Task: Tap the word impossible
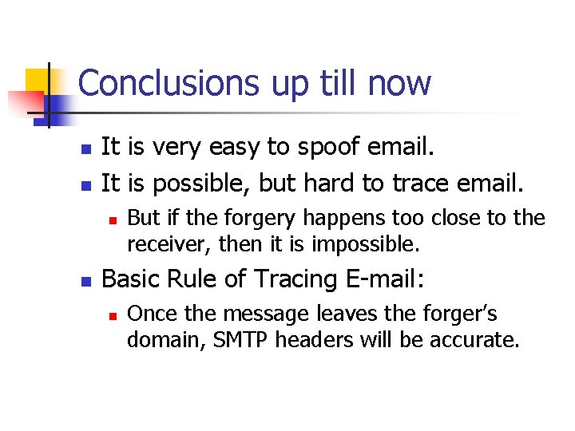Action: coord(364,242)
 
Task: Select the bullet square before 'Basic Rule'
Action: coord(87,280)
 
